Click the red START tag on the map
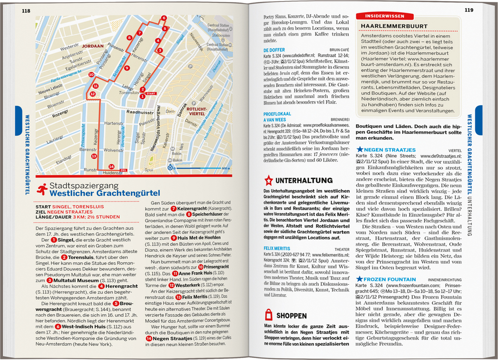click(x=151, y=93)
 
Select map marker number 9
click(x=127, y=68)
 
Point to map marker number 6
click(x=164, y=18)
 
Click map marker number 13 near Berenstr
click(x=94, y=155)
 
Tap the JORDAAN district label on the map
click(x=93, y=46)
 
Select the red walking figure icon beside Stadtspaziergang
click(x=42, y=189)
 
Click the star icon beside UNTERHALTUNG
click(x=269, y=180)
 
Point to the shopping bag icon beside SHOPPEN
click(x=268, y=315)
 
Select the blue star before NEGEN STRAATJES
click(x=360, y=149)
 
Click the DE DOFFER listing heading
click(x=274, y=50)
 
